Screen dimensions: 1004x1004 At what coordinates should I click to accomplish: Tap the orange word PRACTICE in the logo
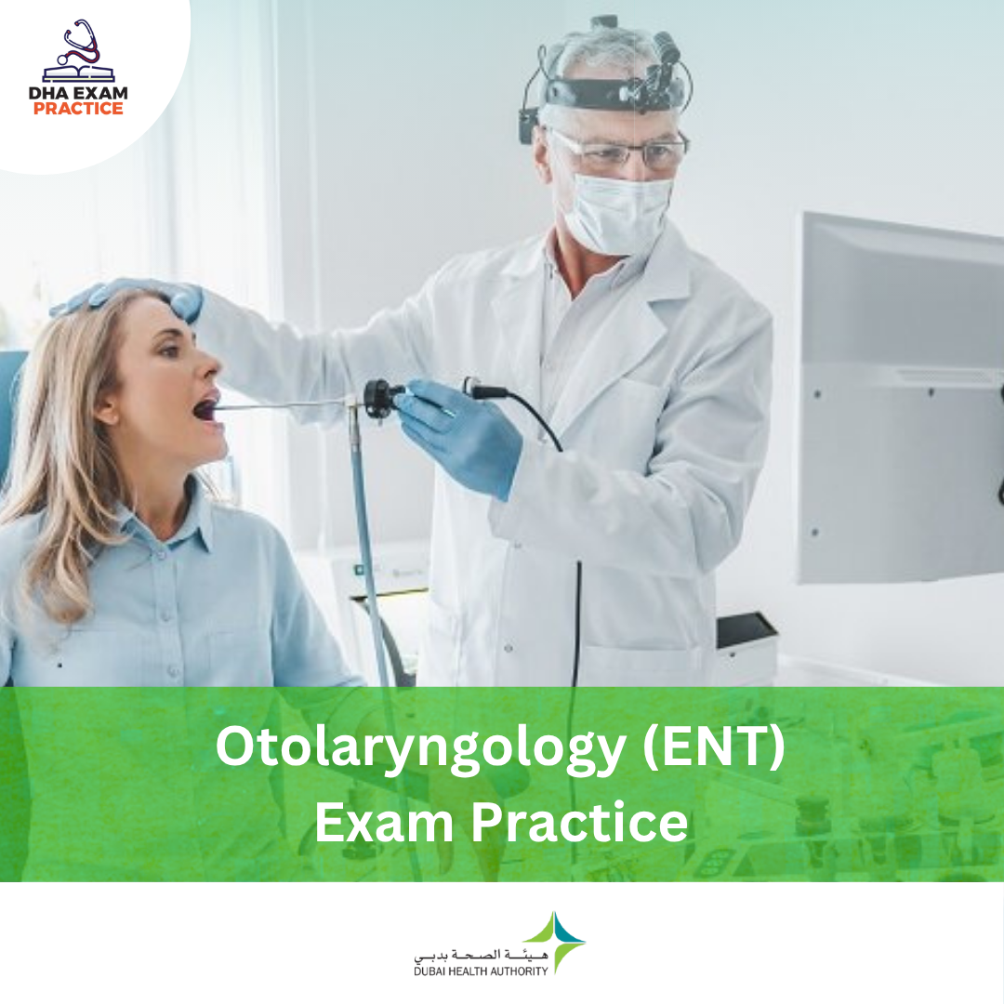pyautogui.click(x=78, y=108)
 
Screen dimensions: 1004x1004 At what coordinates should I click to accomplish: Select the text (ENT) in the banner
pyautogui.click(x=714, y=746)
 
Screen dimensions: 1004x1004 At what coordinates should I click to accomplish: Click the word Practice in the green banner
pyautogui.click(x=580, y=822)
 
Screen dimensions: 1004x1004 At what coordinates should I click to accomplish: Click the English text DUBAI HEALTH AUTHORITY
pyautogui.click(x=481, y=971)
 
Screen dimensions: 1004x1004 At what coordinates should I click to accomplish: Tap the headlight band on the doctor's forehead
pyautogui.click(x=608, y=94)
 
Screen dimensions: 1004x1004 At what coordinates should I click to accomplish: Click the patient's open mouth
pyautogui.click(x=206, y=408)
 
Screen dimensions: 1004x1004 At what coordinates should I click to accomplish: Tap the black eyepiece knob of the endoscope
pyautogui.click(x=377, y=398)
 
